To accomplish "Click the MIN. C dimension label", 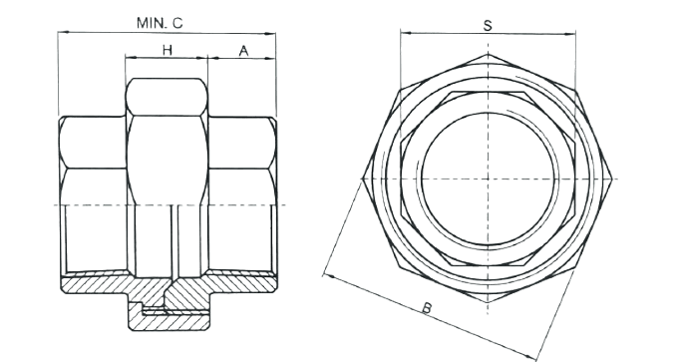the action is click(x=160, y=23).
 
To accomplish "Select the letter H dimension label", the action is click(x=168, y=50).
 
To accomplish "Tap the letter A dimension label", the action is click(x=243, y=51).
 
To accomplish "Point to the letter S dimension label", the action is click(x=488, y=25).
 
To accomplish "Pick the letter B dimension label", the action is click(x=427, y=308).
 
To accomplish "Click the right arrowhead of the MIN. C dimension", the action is click(x=271, y=33).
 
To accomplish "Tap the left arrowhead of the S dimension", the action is click(x=406, y=33).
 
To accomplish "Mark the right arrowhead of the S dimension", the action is click(x=570, y=34).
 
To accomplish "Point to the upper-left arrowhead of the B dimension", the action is click(x=328, y=276).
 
